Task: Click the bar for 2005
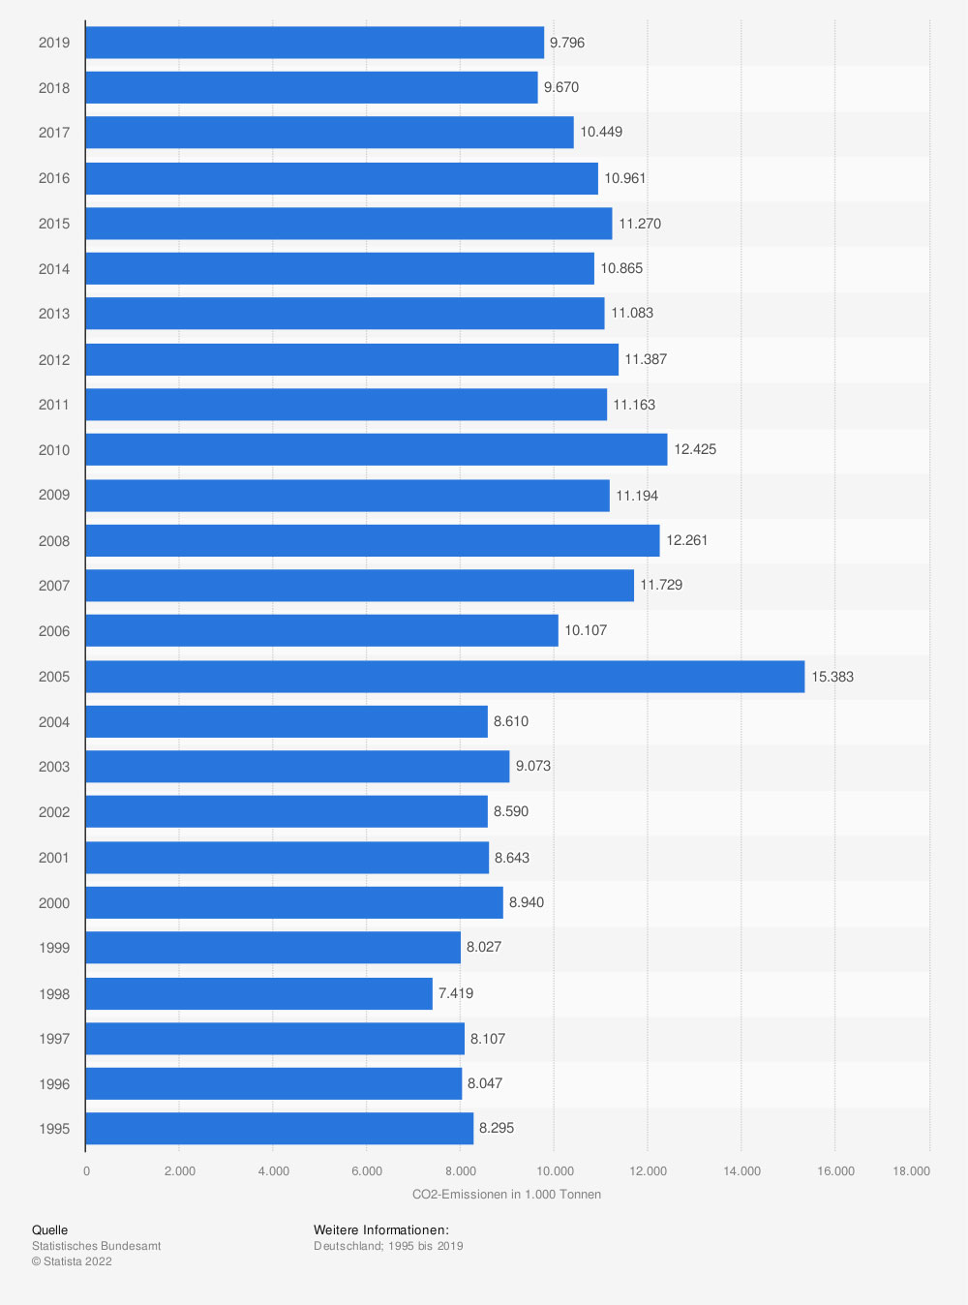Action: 444,677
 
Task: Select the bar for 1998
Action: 258,993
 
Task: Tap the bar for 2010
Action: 376,449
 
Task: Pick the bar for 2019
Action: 315,43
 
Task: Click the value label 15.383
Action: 832,677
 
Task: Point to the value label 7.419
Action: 455,993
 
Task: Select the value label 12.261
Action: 686,540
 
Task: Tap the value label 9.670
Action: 560,87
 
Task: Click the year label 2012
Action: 54,360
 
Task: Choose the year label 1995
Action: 54,1129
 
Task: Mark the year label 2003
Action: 54,767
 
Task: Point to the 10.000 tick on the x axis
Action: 555,1171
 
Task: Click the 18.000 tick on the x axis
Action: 910,1171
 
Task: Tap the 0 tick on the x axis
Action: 86,1171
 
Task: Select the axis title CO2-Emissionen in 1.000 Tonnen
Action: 506,1195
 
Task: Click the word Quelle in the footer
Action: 49,1230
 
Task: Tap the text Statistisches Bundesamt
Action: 96,1246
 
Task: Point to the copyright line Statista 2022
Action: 72,1261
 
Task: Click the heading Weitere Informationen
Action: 380,1230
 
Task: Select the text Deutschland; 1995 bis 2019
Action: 388,1246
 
